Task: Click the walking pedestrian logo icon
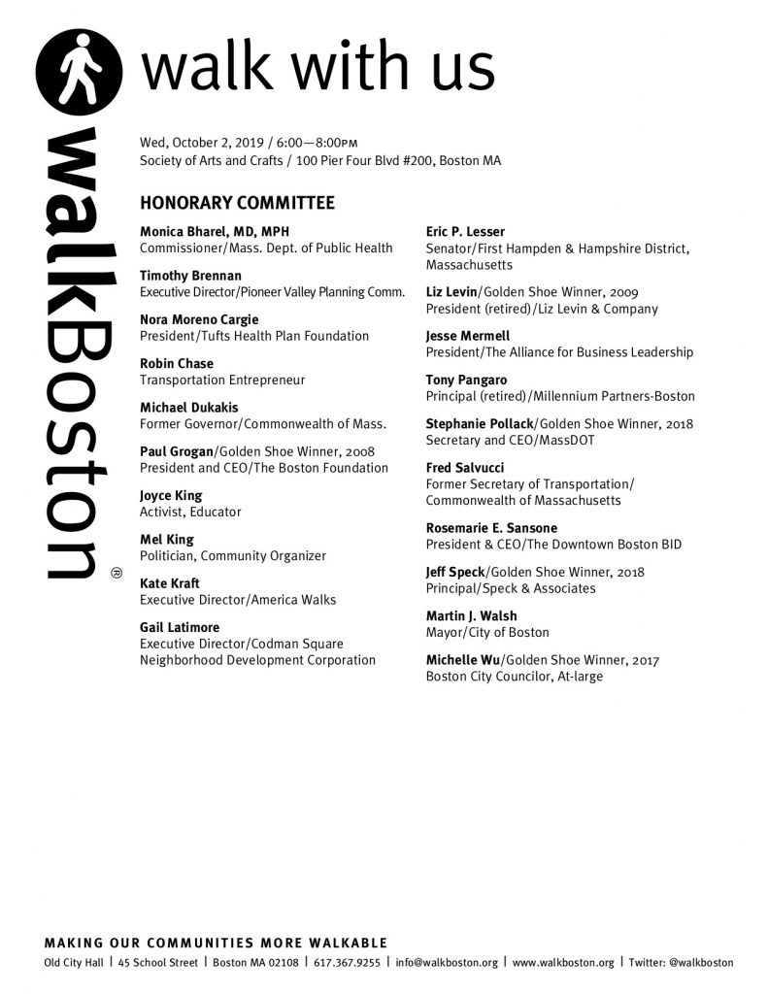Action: pos(81,72)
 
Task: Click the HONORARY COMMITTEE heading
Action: pos(237,204)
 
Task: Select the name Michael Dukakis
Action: pos(188,408)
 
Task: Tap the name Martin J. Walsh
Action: pos(471,616)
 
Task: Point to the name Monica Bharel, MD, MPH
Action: pos(215,232)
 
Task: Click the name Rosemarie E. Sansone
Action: pos(490,528)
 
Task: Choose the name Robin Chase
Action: pos(177,364)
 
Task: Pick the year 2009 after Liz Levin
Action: pos(624,291)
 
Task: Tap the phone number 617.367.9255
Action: pos(345,963)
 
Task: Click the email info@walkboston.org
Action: pos(447,963)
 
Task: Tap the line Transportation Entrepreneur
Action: pos(222,381)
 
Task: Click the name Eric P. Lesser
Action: pos(465,232)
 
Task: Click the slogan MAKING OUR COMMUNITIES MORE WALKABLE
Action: pos(216,944)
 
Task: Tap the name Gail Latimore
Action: pos(180,627)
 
